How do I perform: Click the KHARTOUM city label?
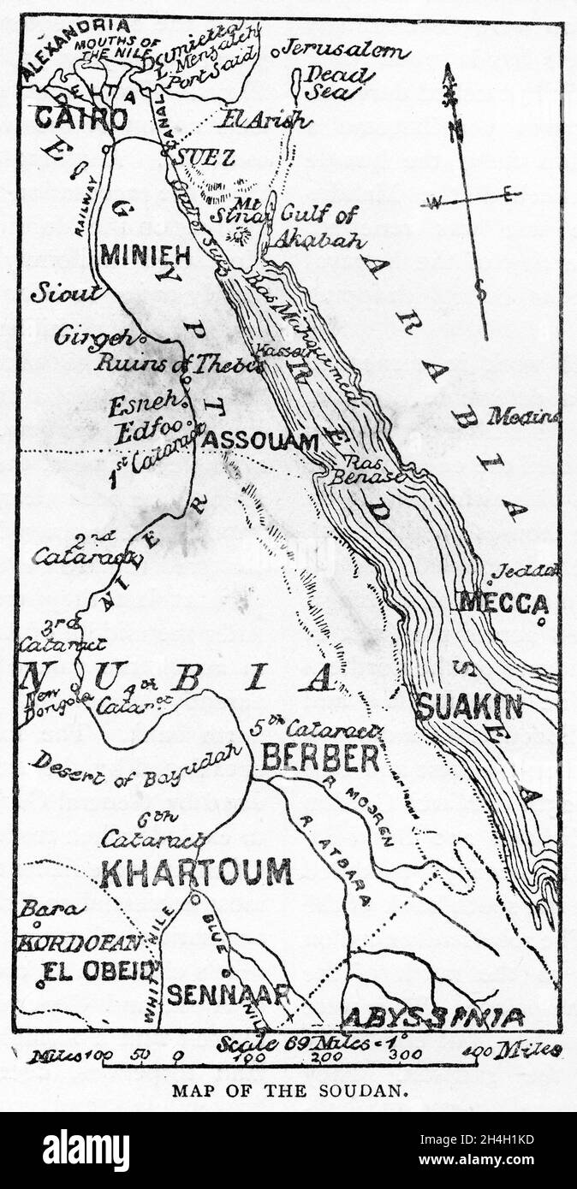[196, 872]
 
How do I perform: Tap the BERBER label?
[320, 758]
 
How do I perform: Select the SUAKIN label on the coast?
[470, 707]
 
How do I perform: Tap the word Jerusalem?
[346, 50]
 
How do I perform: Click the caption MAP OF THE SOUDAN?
[288, 1091]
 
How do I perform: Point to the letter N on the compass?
[457, 132]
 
